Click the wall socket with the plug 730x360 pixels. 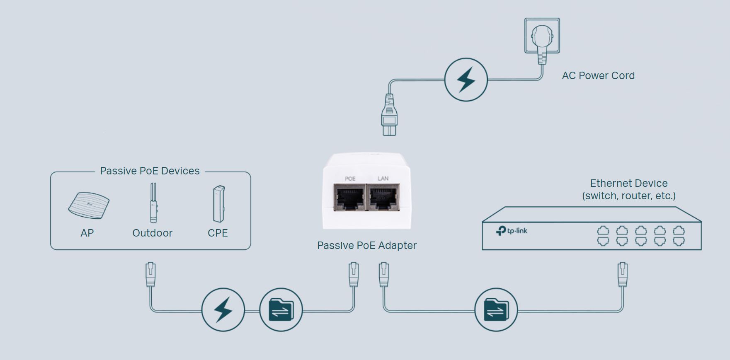[x=542, y=36]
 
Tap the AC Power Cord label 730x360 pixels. [x=598, y=76]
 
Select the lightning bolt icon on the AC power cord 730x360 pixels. [x=466, y=80]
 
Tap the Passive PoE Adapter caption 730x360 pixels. [x=366, y=246]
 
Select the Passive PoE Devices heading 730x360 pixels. [x=150, y=171]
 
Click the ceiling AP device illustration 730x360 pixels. [x=89, y=205]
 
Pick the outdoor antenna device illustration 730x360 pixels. [x=153, y=204]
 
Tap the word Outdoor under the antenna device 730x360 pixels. [x=152, y=233]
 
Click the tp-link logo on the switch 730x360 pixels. [x=512, y=231]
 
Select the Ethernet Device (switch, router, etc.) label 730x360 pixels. [x=628, y=190]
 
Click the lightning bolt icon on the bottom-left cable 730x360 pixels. [x=223, y=309]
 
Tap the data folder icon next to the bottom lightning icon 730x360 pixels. [x=281, y=309]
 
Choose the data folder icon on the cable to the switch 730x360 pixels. [x=496, y=309]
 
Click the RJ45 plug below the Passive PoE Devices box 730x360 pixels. [x=150, y=274]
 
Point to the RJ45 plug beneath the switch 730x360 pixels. [x=622, y=274]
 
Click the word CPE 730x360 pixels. [x=218, y=233]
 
